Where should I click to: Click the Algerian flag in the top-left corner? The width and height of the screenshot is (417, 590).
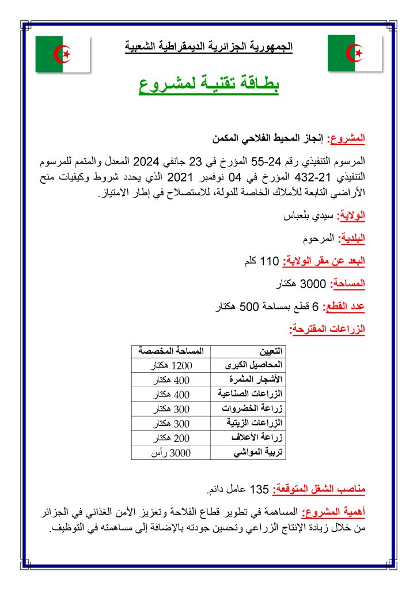tap(63, 54)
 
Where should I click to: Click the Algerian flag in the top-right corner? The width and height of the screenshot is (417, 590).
tap(354, 54)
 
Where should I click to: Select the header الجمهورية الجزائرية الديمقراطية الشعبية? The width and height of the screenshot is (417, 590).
tap(209, 46)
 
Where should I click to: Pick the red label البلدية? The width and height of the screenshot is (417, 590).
tap(351, 238)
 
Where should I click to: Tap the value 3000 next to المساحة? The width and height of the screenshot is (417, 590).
tap(314, 284)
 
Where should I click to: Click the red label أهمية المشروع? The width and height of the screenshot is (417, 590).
tap(338, 512)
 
